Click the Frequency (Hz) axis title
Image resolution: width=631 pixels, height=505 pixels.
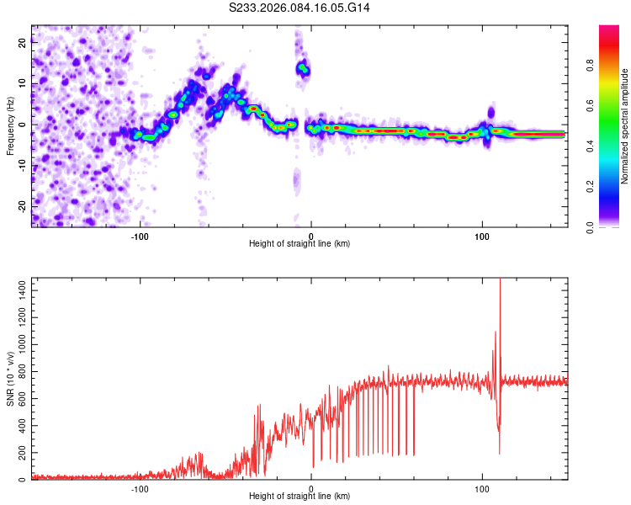coord(10,125)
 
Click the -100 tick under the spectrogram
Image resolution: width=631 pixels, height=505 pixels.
coord(140,237)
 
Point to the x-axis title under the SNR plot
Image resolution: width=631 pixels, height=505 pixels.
coord(300,496)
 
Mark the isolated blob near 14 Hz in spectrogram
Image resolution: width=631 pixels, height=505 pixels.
coord(302,69)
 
